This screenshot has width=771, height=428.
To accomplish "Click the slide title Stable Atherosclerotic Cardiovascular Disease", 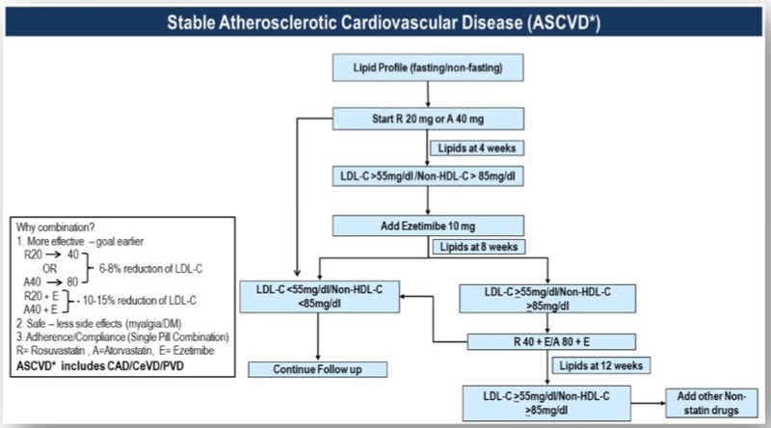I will point(385,21).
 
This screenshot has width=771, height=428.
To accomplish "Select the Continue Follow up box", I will point(318,369).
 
